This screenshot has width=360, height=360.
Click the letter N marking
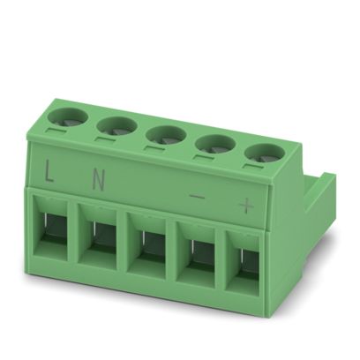pyautogui.click(x=99, y=179)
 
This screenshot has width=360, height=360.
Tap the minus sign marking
pyautogui.click(x=197, y=197)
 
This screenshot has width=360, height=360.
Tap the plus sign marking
pyautogui.click(x=246, y=206)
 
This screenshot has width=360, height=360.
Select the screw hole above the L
pyautogui.click(x=68, y=117)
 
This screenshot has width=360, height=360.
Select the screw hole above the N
pyautogui.click(x=116, y=127)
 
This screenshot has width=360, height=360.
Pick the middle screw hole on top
pyautogui.click(x=166, y=136)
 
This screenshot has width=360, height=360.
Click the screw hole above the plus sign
pyautogui.click(x=266, y=154)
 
